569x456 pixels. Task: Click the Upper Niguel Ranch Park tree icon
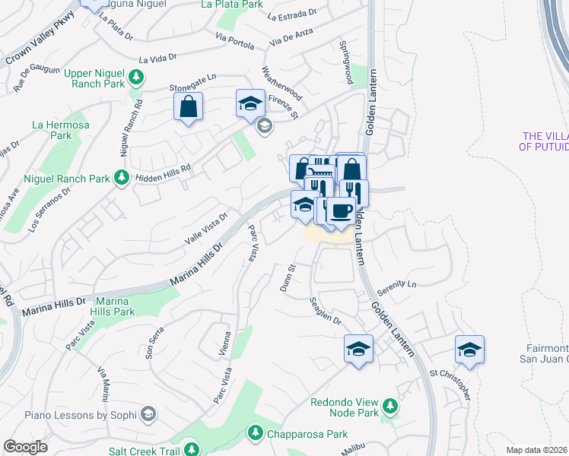136,77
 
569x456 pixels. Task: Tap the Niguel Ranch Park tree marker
121,177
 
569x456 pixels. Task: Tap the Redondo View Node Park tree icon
389,405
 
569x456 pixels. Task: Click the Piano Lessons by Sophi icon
148,415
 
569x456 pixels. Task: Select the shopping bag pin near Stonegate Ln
188,106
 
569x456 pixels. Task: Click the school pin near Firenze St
250,104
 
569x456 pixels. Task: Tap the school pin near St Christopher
470,350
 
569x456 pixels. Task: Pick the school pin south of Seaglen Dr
358,349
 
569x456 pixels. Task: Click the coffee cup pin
341,209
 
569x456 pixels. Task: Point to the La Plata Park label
231,5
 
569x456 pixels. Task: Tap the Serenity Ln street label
401,284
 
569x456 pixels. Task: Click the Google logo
25,447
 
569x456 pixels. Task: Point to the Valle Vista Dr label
205,229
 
